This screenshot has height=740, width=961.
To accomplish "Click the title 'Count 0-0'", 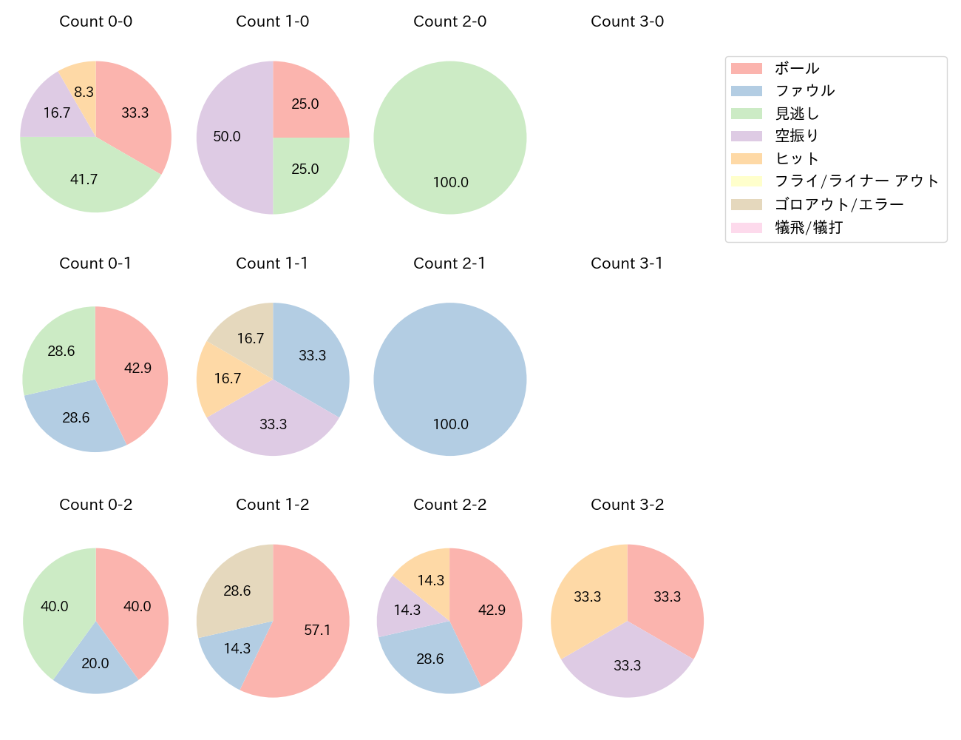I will pos(96,21).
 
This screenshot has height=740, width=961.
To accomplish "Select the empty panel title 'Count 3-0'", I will pos(627,21).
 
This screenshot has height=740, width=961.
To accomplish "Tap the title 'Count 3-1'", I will pos(627,263).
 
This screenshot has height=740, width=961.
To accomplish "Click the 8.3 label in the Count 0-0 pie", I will pos(84,92).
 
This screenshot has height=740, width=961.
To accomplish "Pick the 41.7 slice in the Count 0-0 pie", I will pos(84,179).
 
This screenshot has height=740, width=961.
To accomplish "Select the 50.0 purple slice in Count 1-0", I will pos(227,136).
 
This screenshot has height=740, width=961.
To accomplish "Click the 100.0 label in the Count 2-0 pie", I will pos(451,182).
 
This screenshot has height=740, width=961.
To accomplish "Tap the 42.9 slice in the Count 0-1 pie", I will pos(137,368).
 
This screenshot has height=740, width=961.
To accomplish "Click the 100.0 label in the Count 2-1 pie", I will pos(451,424).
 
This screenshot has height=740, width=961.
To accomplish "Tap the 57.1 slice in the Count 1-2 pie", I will pos(316,630).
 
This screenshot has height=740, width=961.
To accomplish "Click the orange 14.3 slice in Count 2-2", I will pos(426,577).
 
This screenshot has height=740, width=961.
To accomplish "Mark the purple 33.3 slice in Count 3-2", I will pos(627,665).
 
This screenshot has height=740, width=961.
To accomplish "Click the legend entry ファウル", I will pos(804,90).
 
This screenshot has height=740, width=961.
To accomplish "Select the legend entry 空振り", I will pos(796,136).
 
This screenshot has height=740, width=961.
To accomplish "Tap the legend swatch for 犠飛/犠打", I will pos(747,227).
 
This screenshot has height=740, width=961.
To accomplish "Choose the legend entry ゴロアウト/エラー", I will pos(839,204).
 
